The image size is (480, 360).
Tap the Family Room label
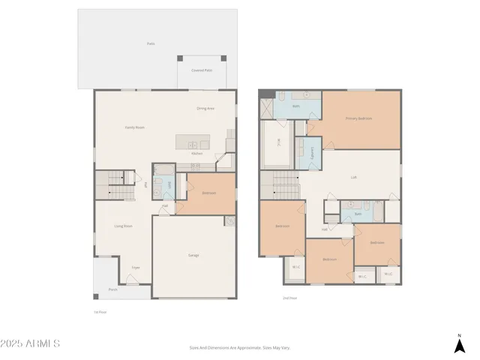[135, 127]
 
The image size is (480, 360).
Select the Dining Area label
[205, 109]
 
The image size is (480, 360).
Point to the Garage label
[193, 255]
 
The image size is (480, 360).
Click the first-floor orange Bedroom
[208, 193]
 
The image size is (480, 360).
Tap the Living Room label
[123, 226]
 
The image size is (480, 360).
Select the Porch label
[112, 289]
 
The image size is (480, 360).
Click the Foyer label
[136, 267]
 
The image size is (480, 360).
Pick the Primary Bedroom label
[358, 118]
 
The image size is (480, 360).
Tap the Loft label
[353, 177]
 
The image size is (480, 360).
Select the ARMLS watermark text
[30, 343]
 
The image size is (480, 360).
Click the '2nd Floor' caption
[289, 298]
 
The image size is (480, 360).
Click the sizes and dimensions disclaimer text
[239, 347]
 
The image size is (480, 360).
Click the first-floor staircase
[109, 184]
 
